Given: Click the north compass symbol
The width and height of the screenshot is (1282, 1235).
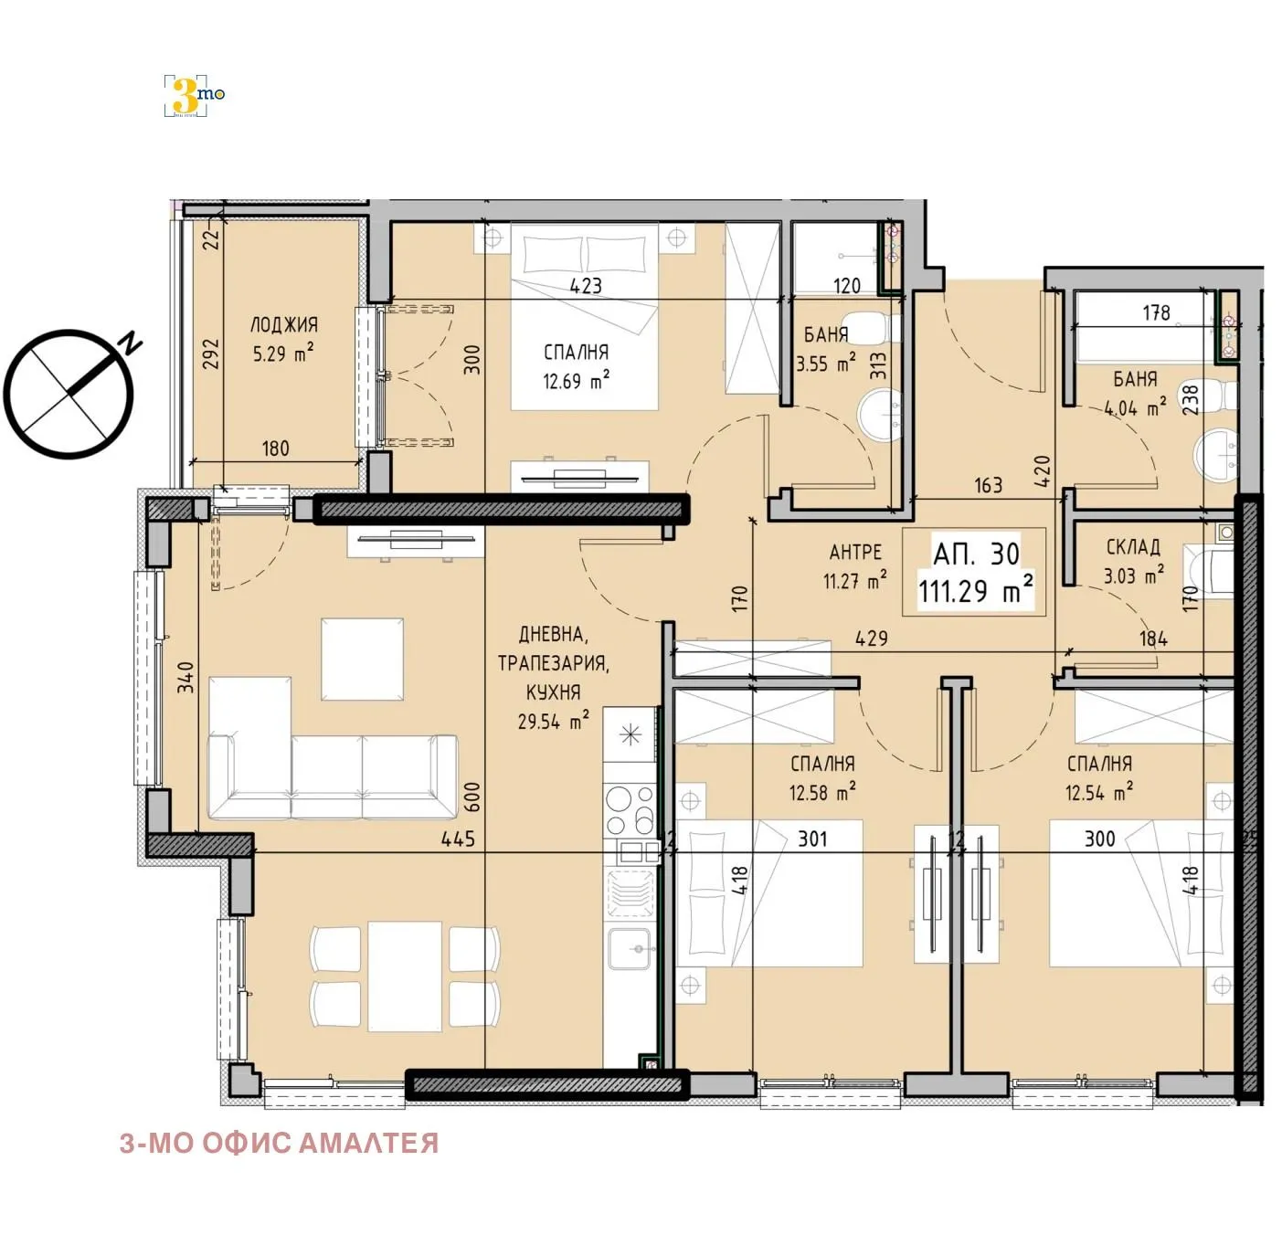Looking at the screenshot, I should click(x=69, y=394).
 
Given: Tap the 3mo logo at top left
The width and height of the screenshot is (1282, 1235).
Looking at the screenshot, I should click(x=193, y=95).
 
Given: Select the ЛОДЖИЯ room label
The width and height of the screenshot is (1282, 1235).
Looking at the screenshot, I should click(x=283, y=325).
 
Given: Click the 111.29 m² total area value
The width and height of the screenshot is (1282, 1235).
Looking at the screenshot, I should click(x=975, y=591).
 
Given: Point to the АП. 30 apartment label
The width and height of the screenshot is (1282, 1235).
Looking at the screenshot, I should click(x=976, y=554).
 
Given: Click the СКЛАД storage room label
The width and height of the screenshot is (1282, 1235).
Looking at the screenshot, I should click(x=1133, y=547).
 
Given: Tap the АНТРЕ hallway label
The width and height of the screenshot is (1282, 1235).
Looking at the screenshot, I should click(x=855, y=552).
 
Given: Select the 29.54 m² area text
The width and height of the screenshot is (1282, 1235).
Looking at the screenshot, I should click(x=553, y=721).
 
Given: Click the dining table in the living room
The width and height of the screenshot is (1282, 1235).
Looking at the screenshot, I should click(x=405, y=976).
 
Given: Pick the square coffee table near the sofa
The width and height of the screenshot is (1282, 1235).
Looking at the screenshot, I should click(x=362, y=659).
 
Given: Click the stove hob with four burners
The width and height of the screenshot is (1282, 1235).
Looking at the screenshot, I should click(x=630, y=808).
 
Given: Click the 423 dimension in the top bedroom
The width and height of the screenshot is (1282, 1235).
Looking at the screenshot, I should click(x=586, y=286).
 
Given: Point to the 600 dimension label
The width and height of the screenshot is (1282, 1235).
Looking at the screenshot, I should click(x=472, y=796).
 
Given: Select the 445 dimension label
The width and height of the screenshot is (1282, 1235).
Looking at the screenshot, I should click(x=457, y=838).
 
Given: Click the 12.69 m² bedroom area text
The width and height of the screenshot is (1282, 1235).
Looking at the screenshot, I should click(x=576, y=381).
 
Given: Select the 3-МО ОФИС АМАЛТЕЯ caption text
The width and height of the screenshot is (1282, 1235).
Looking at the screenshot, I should click(x=279, y=1143).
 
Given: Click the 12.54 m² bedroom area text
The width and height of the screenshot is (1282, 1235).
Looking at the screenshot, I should click(x=1099, y=792).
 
